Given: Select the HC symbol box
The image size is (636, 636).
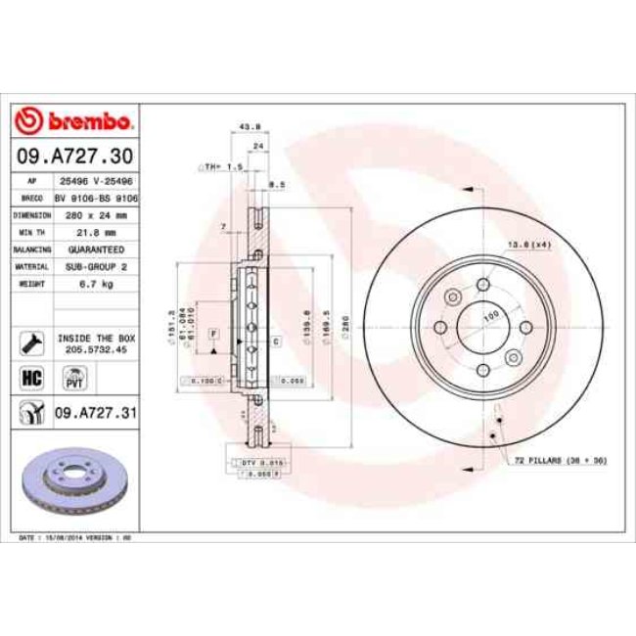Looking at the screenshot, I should [30, 377].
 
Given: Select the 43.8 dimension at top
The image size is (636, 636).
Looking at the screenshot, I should [250, 125].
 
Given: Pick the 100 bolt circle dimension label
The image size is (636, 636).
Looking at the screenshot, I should [492, 314].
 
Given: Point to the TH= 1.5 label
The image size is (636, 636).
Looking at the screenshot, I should [224, 168].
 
